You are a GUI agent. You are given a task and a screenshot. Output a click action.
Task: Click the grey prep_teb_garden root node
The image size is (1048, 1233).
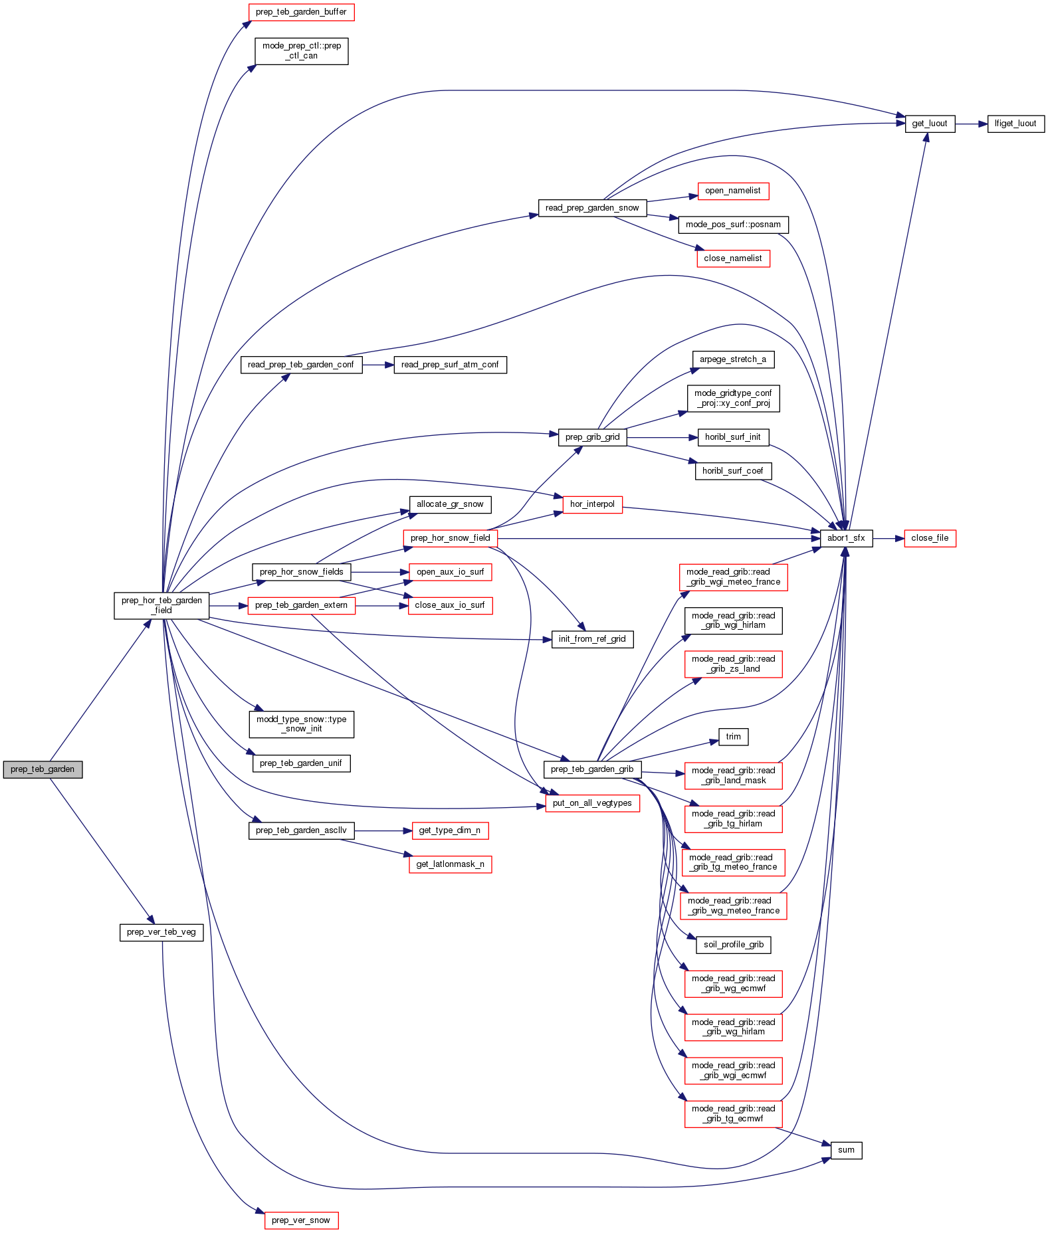[43, 769]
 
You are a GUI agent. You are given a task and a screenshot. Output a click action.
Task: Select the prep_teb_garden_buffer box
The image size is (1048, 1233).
[301, 12]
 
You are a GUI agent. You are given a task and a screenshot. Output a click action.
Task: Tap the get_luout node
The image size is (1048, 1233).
[929, 124]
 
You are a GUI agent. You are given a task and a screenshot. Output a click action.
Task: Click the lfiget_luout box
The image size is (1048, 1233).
[1015, 124]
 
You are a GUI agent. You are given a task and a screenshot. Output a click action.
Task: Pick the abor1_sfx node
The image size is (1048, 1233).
[846, 538]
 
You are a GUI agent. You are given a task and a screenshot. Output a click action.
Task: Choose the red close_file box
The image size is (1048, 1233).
[930, 538]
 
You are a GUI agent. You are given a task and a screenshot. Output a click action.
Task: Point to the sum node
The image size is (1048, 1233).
[846, 1150]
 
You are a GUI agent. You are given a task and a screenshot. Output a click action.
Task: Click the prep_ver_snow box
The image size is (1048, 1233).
[301, 1220]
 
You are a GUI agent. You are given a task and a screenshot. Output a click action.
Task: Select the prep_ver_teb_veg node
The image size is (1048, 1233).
[161, 932]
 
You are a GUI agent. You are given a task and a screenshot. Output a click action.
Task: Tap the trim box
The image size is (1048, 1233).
[733, 737]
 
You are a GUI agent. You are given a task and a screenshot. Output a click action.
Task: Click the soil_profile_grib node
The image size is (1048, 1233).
[733, 945]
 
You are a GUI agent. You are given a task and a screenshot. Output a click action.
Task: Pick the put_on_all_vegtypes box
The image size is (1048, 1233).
[592, 803]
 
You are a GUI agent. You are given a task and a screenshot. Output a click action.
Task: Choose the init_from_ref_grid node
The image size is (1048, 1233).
[592, 639]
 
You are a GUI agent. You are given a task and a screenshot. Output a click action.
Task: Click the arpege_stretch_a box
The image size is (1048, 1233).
[733, 359]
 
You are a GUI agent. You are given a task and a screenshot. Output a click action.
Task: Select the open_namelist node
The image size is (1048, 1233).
[733, 191]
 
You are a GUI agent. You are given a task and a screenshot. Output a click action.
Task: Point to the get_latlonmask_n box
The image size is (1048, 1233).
[450, 864]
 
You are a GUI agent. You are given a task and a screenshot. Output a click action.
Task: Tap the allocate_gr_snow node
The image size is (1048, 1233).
[450, 504]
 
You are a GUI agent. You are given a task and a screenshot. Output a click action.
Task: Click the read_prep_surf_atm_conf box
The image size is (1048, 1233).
[450, 365]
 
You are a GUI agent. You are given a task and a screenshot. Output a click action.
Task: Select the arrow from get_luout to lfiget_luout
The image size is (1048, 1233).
[971, 124]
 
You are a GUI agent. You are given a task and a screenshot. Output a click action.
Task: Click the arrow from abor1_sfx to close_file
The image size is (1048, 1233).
[889, 538]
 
